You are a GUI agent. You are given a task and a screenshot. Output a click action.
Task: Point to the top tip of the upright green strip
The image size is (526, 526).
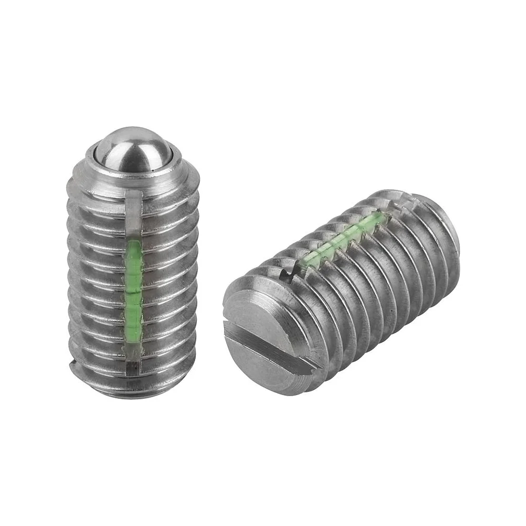pos(134,242)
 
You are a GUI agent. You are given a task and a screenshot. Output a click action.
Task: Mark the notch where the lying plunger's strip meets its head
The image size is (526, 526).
pos(286,273)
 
